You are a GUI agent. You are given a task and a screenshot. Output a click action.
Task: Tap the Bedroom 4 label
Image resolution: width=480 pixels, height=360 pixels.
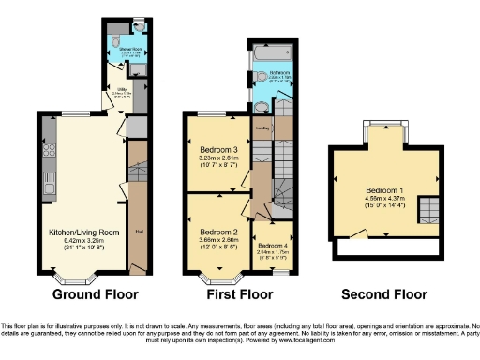click(272, 245)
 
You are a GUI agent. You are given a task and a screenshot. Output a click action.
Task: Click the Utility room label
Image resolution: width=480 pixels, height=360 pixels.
click(115, 89)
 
